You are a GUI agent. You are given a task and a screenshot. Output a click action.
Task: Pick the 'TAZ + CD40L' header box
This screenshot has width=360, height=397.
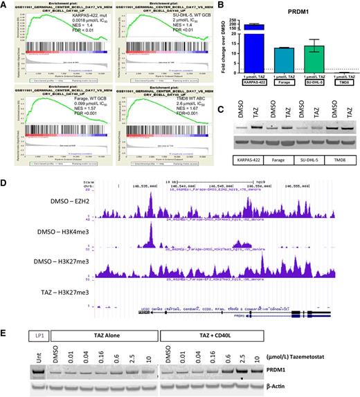[x=213, y=333]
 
